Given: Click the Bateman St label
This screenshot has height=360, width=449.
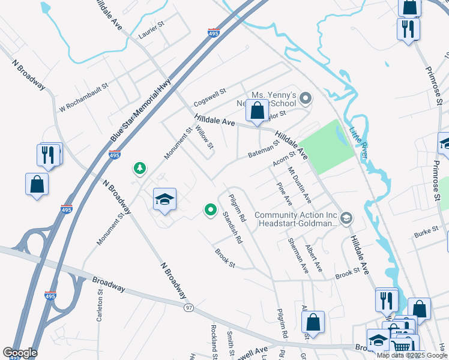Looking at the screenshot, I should (265, 150).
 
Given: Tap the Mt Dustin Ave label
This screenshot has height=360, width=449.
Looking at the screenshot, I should (299, 184).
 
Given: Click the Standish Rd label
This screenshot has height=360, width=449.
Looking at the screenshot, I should (232, 227).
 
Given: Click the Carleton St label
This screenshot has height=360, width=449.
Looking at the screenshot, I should (100, 305).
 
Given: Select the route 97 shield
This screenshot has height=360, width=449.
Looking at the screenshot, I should (189, 307).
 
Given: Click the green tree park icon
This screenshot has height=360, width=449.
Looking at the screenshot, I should (140, 168).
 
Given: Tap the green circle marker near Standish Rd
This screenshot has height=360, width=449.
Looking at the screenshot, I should (210, 209).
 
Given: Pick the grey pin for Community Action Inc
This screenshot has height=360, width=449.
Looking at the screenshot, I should (346, 218).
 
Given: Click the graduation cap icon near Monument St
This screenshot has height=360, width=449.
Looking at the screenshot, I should (164, 200).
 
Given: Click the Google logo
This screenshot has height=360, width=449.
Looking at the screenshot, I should (20, 353).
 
